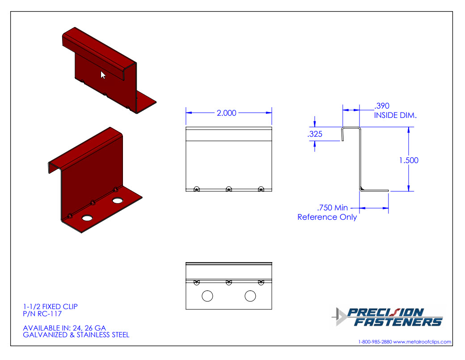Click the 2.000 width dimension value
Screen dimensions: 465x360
point(226,113)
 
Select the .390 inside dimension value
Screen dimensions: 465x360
point(382,106)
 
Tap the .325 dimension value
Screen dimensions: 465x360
point(315,134)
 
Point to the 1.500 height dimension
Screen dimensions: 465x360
point(409,160)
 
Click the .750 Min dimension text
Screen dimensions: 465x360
point(333,208)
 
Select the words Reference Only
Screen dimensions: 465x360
point(327,217)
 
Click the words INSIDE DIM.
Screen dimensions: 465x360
point(395,115)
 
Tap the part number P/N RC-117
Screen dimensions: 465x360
point(42,314)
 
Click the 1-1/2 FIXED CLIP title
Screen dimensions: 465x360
point(51,307)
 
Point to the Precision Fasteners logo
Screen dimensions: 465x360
point(387,317)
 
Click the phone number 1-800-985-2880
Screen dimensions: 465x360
point(375,342)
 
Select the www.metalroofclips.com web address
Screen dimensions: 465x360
point(422,342)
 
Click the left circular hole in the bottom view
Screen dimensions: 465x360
point(207,296)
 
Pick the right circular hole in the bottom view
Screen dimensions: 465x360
point(250,296)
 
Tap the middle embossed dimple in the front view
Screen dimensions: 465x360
point(228,189)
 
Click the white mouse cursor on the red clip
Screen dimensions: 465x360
point(102,75)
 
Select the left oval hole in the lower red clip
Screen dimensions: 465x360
point(87,218)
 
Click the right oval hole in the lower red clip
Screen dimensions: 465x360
point(118,201)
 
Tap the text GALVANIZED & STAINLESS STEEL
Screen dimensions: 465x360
point(76,335)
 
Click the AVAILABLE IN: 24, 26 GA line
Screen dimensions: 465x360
point(64,328)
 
